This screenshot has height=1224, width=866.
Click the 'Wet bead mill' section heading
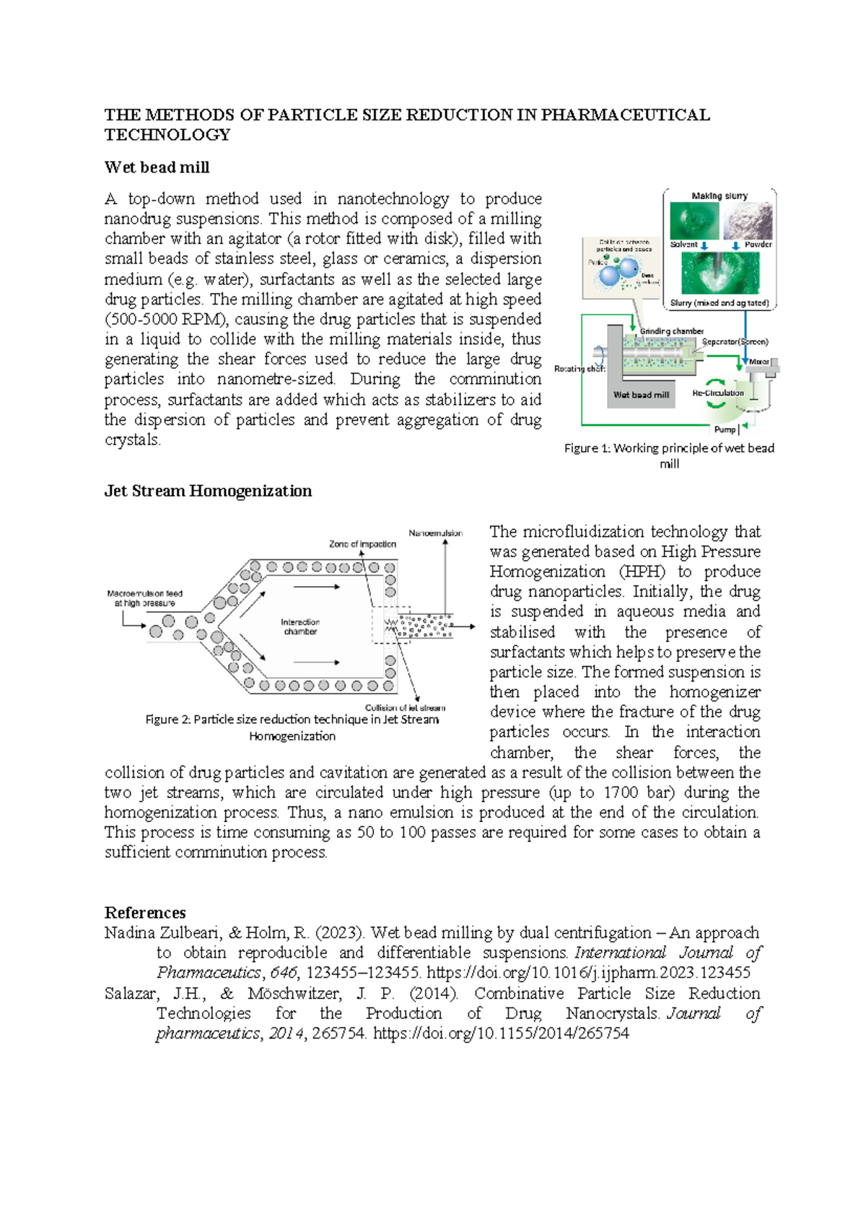(x=157, y=167)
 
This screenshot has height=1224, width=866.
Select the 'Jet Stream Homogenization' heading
(x=208, y=491)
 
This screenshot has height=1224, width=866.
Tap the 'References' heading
(x=145, y=912)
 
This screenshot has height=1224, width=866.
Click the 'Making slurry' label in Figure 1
(x=720, y=196)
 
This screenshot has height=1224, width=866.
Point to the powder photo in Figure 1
(x=748, y=221)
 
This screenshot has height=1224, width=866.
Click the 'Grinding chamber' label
(x=672, y=331)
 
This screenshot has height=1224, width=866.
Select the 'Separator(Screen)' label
(x=735, y=342)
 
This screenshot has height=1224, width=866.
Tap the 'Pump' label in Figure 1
(x=725, y=429)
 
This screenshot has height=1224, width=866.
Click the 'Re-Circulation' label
(x=718, y=393)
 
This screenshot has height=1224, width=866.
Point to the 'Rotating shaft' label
(x=579, y=369)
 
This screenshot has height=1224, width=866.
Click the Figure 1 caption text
(x=669, y=455)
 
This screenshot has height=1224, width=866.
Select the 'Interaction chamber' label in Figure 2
(x=300, y=626)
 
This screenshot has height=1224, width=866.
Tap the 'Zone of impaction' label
(x=362, y=544)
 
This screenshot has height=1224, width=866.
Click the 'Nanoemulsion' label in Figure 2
(x=435, y=533)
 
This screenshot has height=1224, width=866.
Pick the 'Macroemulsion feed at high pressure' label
(x=144, y=598)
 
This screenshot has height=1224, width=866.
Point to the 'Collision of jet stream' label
(x=405, y=707)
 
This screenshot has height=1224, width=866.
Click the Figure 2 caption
(x=292, y=727)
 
